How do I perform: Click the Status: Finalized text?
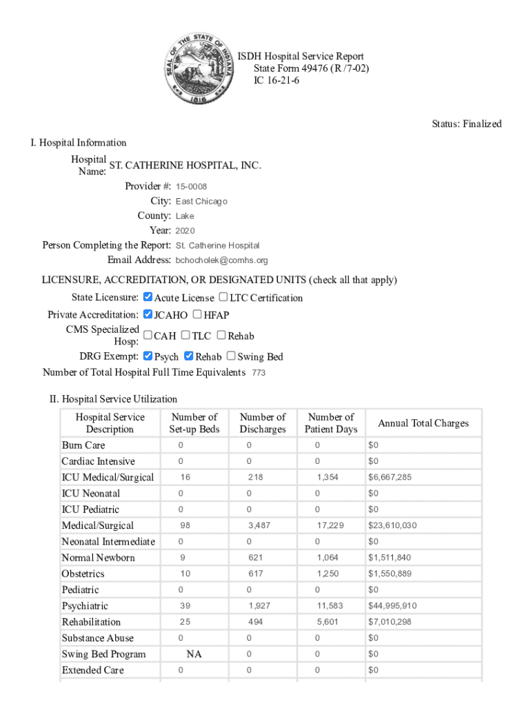click(x=466, y=124)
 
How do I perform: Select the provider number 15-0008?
click(x=191, y=187)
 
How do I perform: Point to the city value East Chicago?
click(x=201, y=202)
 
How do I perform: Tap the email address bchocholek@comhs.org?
click(x=221, y=260)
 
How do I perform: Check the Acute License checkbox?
click(x=148, y=298)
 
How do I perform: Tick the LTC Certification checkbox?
click(x=223, y=298)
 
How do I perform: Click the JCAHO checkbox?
click(x=148, y=315)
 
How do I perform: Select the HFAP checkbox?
click(x=197, y=315)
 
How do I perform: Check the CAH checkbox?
click(x=148, y=336)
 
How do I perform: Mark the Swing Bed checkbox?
click(x=231, y=356)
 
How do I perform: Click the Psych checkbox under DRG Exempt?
click(x=148, y=356)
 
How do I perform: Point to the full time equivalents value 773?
click(x=259, y=373)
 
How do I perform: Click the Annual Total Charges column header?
click(x=423, y=423)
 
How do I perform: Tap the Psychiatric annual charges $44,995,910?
click(x=392, y=606)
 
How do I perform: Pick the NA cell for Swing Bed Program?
click(x=194, y=654)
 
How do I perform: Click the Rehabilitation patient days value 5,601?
click(x=328, y=622)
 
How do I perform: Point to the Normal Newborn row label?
click(x=98, y=558)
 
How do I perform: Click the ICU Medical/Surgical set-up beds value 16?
click(x=186, y=477)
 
